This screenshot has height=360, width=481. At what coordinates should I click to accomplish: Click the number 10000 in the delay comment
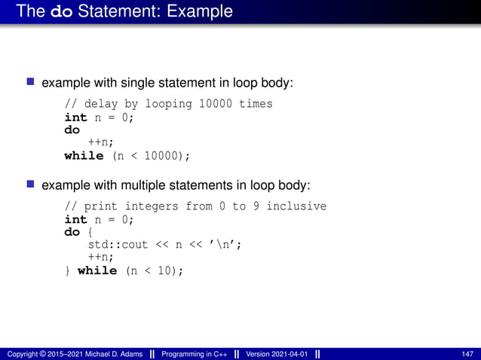coord(216,104)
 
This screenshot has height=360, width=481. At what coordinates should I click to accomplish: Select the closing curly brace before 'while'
coord(68,270)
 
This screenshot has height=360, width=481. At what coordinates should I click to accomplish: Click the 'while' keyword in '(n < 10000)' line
coord(84,156)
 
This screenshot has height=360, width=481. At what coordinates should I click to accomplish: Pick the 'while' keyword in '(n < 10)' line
coord(97,270)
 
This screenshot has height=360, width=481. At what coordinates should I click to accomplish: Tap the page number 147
coord(467,354)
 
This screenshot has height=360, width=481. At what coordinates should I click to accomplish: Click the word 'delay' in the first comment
coord(100,104)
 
